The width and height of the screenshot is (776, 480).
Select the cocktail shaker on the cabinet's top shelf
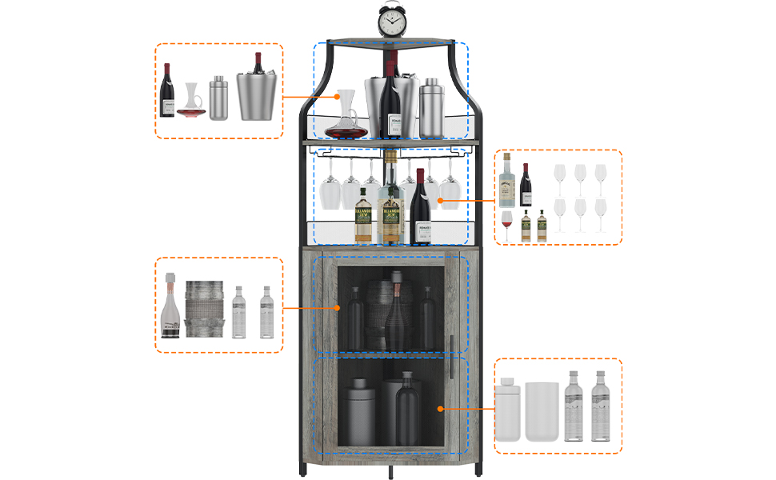(430, 108)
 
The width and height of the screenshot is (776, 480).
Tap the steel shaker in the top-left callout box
(218, 98)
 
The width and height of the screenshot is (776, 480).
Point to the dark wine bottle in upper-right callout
(526, 186)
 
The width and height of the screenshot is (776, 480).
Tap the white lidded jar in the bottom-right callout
(507, 411)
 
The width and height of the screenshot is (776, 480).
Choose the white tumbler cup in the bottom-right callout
(542, 411)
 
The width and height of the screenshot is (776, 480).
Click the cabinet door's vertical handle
(453, 354)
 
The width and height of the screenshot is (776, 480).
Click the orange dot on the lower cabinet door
(440, 408)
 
